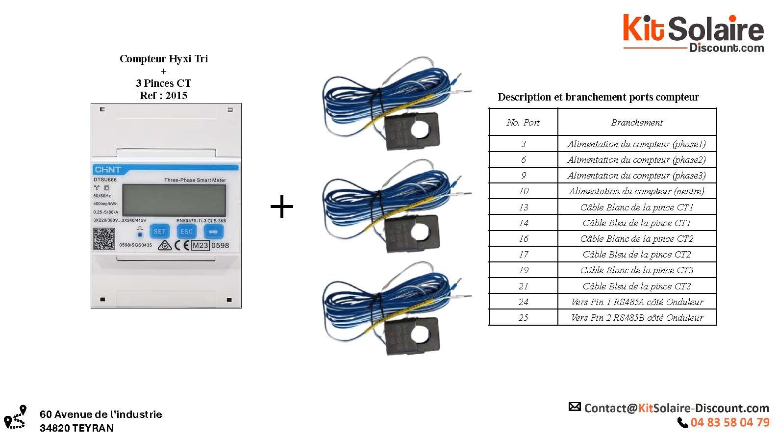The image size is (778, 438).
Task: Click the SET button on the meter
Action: pos(160,232)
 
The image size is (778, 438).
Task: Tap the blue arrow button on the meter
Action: pos(213,232)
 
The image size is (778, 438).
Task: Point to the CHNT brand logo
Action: pos(107,170)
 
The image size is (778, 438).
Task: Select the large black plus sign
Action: pos(282,207)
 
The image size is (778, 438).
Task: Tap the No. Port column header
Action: pos(523,123)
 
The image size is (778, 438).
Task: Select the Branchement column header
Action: pos(637,123)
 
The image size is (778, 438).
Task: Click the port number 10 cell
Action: pos(523,191)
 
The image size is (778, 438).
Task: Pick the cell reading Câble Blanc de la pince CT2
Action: pos(637,239)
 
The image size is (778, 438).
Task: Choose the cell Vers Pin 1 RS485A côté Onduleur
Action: pos(637,302)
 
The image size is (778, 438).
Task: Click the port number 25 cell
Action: pos(523,318)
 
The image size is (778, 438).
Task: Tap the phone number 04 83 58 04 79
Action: pos(729,422)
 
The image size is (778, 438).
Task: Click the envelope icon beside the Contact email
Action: pos(575,407)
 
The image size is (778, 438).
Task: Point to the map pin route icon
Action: pos(15,417)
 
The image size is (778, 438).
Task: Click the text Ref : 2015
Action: pos(163,96)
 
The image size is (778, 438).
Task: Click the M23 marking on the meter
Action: pos(200,245)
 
